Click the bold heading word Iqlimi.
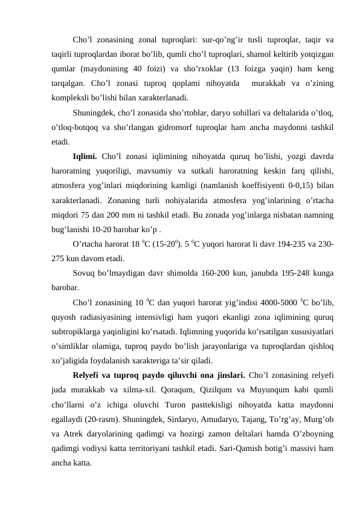tap(86, 157)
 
